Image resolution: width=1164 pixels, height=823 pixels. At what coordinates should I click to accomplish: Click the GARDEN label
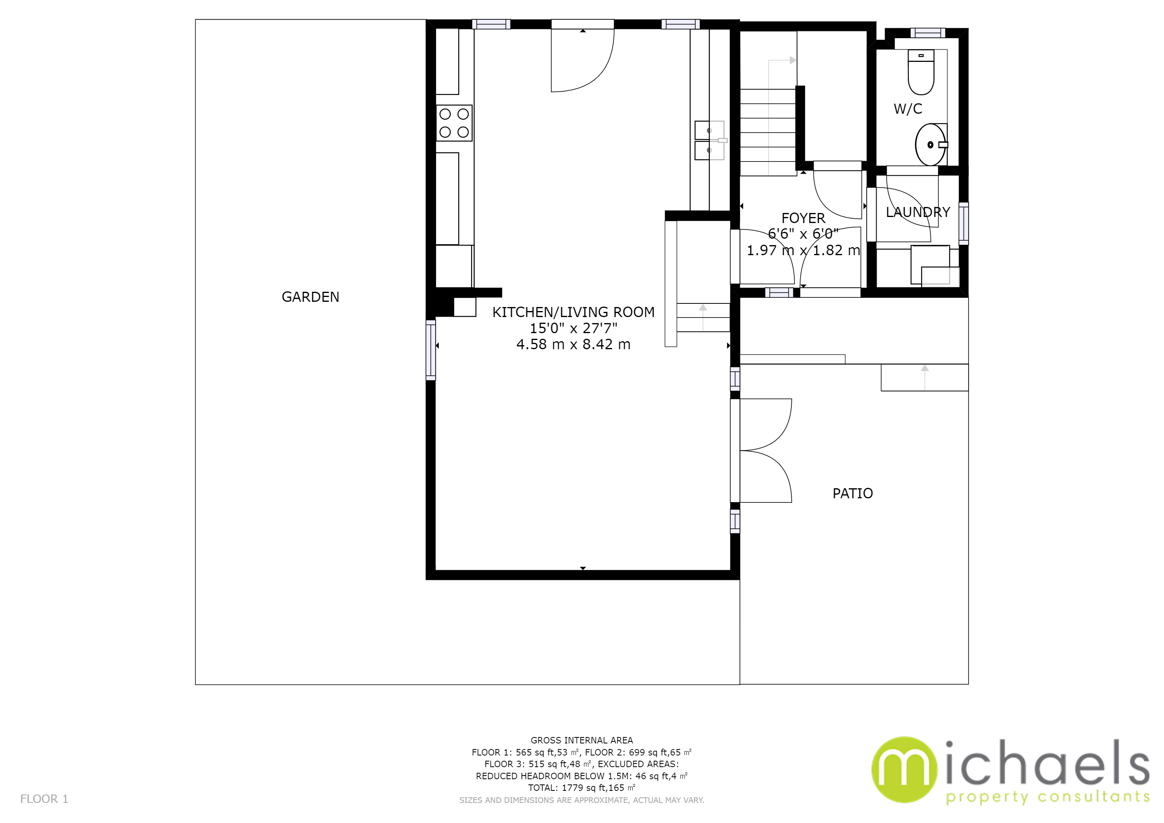[310, 297]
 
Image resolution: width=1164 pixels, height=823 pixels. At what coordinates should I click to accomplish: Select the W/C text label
[908, 109]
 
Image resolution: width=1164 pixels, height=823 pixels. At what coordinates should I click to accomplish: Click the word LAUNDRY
[918, 212]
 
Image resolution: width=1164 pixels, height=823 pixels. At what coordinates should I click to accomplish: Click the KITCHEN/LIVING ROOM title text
[574, 312]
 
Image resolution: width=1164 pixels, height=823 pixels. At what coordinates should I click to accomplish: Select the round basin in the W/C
[930, 145]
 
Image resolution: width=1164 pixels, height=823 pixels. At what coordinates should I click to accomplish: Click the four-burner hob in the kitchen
[454, 123]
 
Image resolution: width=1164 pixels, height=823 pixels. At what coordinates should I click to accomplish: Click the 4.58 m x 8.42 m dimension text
[574, 345]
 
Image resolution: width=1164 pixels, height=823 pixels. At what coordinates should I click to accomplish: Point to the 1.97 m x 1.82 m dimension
[803, 250]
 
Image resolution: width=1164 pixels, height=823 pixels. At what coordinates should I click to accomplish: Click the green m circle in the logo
[904, 770]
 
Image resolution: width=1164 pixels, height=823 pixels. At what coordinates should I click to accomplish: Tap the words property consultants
[1047, 797]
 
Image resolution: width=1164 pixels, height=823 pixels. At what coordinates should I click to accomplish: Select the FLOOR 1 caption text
[44, 799]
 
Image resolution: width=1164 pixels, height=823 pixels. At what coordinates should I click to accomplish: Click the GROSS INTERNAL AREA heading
[582, 740]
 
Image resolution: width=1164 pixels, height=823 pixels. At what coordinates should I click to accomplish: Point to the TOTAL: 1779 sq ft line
[582, 788]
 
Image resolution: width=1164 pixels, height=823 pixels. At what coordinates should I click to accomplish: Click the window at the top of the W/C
[927, 33]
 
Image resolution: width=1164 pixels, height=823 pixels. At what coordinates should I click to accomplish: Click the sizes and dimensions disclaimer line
[582, 800]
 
